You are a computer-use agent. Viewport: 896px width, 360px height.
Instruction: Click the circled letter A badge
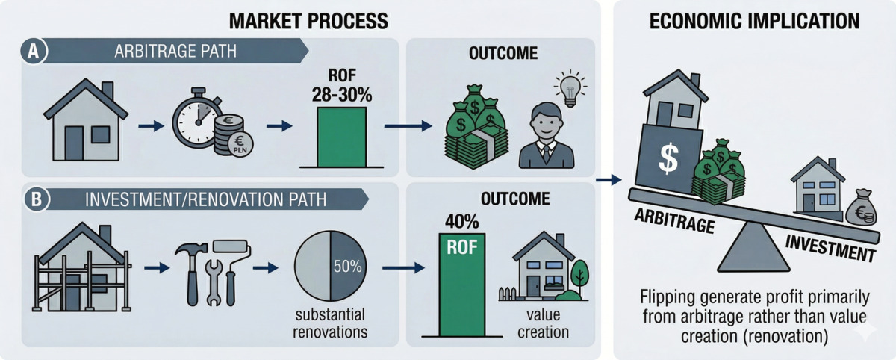(33, 52)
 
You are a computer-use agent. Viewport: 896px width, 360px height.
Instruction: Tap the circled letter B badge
(37, 199)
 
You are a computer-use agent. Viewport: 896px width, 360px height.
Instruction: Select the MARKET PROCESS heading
(308, 21)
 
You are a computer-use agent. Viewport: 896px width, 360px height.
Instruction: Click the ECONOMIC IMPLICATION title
(754, 21)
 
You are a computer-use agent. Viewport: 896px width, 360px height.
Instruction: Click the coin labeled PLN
(240, 145)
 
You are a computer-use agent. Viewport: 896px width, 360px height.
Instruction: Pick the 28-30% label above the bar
(342, 95)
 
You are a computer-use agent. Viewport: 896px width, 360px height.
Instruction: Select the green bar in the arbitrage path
(342, 137)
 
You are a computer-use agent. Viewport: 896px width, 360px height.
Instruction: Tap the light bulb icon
(570, 89)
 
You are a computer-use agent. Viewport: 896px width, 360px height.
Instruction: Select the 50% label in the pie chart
(347, 267)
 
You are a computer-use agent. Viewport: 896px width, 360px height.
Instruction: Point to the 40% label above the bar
(461, 222)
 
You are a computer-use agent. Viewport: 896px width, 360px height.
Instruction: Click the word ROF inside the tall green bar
(462, 248)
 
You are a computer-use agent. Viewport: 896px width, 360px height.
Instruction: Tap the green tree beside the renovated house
(579, 277)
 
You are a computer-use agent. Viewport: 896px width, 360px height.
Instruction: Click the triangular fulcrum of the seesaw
(753, 248)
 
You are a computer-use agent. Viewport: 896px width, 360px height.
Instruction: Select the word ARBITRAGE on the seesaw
(674, 221)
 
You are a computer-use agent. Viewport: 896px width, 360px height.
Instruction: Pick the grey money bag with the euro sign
(861, 207)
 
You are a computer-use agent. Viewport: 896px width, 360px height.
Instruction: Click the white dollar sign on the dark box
(668, 158)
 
